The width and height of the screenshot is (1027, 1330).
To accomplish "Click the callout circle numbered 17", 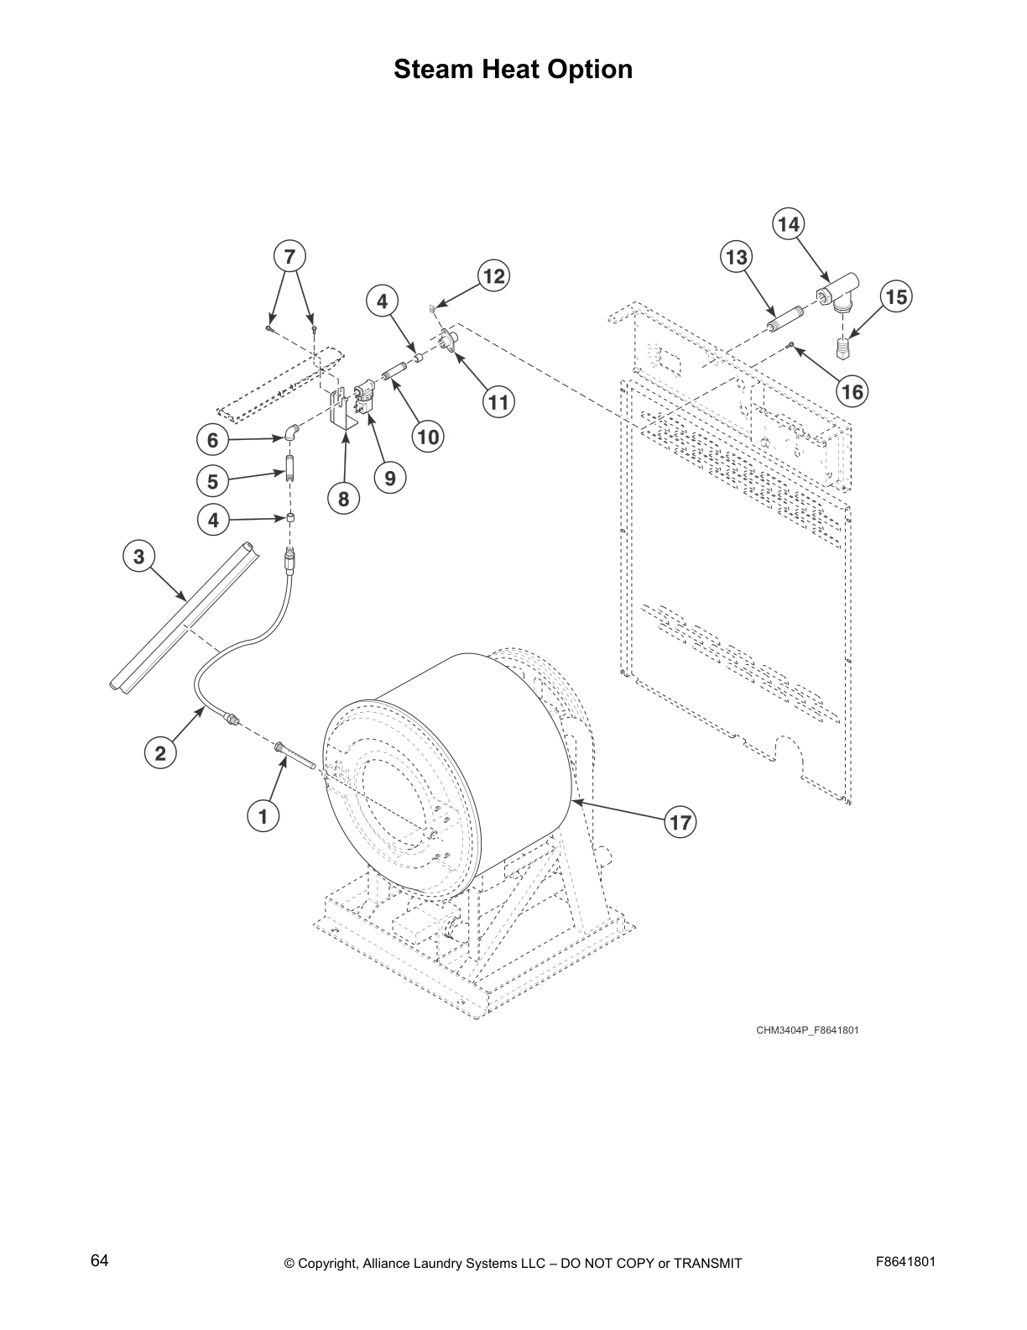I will coord(680,822).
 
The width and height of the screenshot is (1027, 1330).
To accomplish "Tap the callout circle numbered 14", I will coord(788,224).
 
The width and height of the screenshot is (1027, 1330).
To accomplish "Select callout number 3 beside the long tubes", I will coord(138,556).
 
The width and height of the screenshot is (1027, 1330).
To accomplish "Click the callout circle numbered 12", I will coord(494,276).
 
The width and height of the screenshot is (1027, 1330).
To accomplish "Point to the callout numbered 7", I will coord(289,255).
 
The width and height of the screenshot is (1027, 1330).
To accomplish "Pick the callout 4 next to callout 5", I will coord(213,521).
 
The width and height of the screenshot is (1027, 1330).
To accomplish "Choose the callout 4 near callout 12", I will coord(383,301).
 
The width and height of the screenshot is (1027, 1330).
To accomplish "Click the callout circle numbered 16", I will coord(852,392).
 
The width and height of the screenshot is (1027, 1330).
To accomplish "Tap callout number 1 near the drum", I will coord(263,814).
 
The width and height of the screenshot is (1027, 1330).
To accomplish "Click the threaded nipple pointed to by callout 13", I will coord(787,319).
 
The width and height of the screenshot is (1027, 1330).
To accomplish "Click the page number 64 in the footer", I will coord(100,1260).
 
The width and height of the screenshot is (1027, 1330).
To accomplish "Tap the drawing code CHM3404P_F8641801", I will coord(806,1029).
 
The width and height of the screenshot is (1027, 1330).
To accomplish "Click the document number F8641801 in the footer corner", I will coord(904,1262).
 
